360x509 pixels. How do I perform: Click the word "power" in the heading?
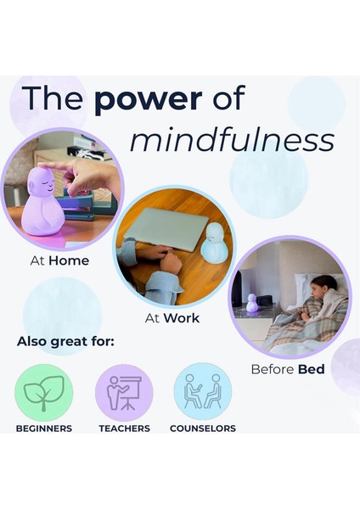[149, 100]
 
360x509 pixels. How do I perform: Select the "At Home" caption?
[59, 260]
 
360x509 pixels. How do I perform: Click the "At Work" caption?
[172, 318]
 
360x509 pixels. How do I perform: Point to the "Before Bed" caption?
[288, 369]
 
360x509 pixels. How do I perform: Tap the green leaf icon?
[44, 392]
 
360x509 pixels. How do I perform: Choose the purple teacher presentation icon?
[124, 392]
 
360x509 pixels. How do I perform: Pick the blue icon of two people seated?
[202, 392]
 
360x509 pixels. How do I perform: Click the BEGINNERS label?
[44, 428]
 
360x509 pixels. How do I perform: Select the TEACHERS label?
[124, 428]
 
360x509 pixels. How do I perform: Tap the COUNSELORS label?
[203, 428]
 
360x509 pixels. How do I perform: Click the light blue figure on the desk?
[213, 245]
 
